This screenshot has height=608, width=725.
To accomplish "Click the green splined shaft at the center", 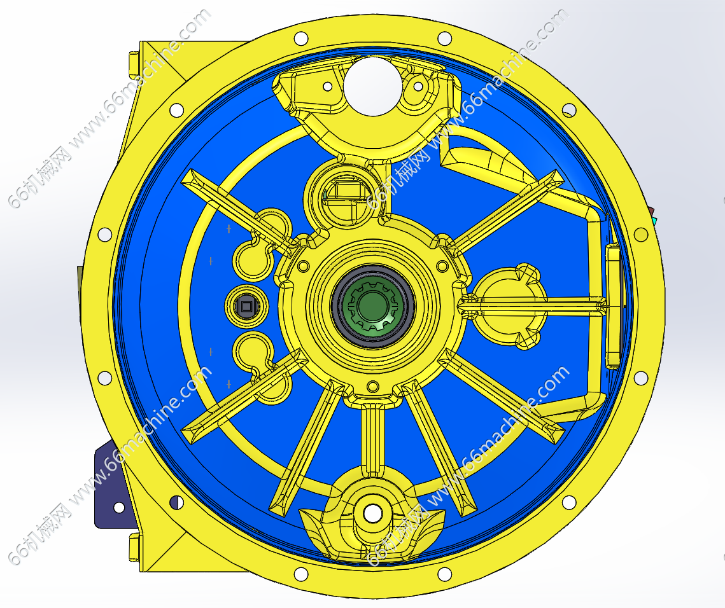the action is pos(372,305).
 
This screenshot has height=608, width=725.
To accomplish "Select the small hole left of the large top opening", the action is pos(327,86).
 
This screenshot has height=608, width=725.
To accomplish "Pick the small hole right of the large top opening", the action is pos(418,85).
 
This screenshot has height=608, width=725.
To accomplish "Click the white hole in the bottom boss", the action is pos(372,513).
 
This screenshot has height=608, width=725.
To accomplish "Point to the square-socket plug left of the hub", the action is pos(246,306).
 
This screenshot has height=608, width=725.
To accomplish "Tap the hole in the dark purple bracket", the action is pos(119,508).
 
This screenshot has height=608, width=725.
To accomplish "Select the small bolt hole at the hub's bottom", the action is pos(372,386).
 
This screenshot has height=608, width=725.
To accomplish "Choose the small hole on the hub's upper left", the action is pos(304,266).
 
